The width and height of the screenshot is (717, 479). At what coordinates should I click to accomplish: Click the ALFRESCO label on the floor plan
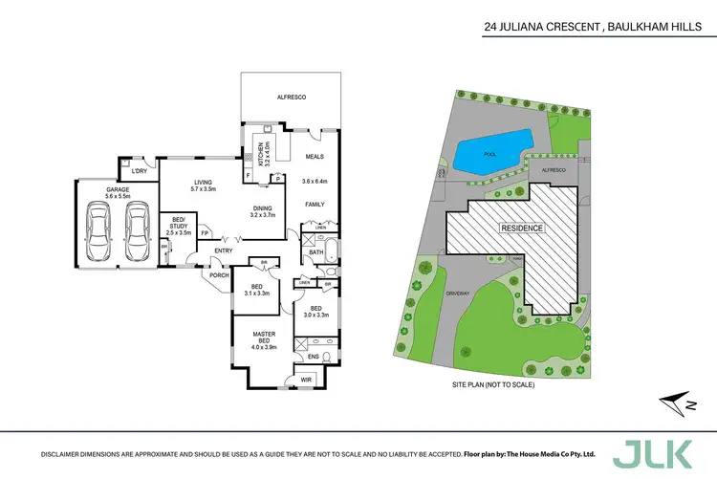pos(291,98)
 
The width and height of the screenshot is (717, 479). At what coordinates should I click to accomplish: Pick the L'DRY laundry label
pos(140,171)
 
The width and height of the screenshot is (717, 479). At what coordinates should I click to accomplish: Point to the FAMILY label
pos(315,205)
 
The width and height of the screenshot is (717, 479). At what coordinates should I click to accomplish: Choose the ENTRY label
pos(224,250)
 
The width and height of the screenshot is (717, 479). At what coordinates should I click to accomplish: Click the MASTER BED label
pos(264,337)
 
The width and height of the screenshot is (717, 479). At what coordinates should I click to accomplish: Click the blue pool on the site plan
pos(490,150)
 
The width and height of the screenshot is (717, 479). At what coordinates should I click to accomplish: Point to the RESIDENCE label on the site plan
pos(522,229)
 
